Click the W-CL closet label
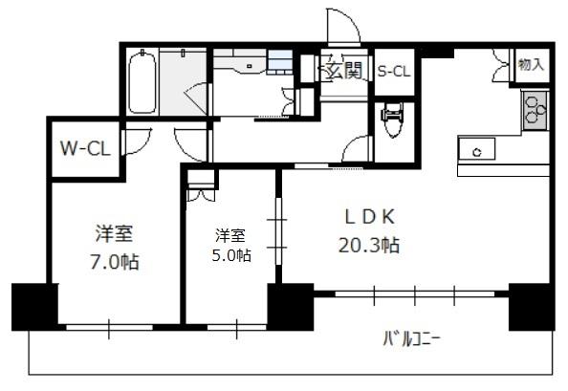coord(85,148)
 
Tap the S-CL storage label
coord(394,72)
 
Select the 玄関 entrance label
coord(344,70)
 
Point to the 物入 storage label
coord(531,64)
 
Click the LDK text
coord(369,217)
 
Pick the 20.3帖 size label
coord(369,245)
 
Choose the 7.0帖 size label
coord(115,261)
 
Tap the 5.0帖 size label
coord(231,255)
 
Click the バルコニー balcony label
coord(411,339)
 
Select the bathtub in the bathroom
coord(142,83)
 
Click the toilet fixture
coord(393,119)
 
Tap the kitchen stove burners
coord(535,110)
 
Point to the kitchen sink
coord(476,148)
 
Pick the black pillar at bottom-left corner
coord(34,307)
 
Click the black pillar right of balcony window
coord(532,307)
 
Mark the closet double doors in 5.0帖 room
coord(201,196)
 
